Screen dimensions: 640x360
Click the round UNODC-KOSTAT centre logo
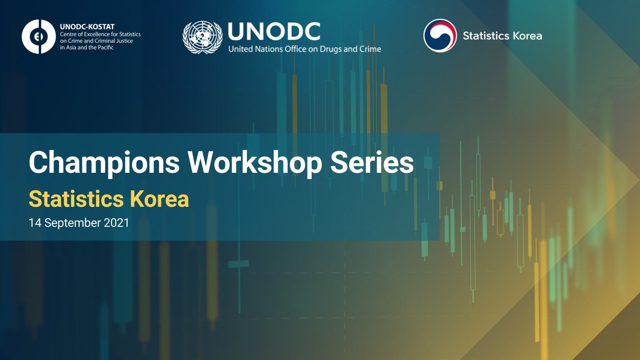click(x=39, y=36)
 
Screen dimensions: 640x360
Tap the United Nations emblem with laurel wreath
click(x=202, y=37)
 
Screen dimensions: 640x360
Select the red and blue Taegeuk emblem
click(x=440, y=36)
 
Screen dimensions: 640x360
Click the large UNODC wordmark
click(x=274, y=32)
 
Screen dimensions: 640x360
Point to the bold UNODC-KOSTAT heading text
click(x=87, y=27)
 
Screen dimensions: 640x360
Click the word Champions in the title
click(x=104, y=163)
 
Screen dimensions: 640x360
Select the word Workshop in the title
click(x=254, y=163)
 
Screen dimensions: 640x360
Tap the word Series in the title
click(x=372, y=162)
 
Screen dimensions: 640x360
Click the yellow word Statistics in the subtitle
click(x=76, y=199)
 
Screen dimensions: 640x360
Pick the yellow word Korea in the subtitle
click(x=160, y=199)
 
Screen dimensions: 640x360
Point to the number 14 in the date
click(x=35, y=223)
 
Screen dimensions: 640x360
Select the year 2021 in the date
click(x=116, y=223)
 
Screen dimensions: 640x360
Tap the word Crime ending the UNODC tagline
click(x=371, y=49)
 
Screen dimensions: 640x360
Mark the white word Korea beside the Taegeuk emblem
click(x=528, y=36)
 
